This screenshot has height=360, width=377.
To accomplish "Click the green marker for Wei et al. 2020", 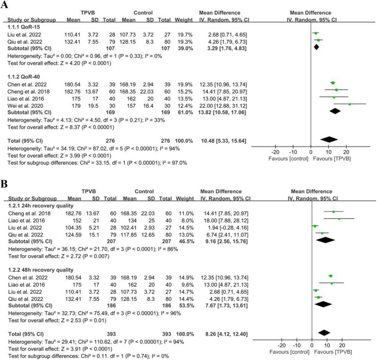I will [x=349, y=104].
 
